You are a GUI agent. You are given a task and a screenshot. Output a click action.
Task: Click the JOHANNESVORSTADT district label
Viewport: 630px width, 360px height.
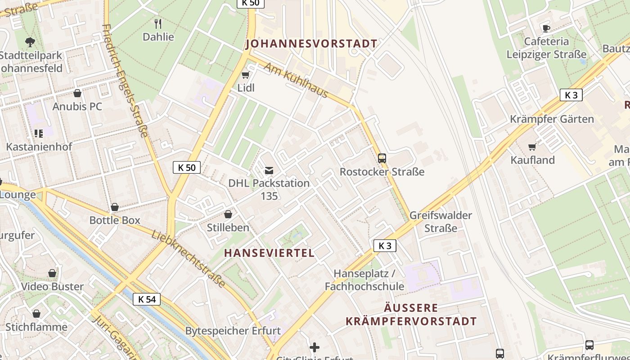[311, 44]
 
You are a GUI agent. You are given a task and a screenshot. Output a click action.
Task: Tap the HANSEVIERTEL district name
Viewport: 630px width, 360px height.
[269, 253]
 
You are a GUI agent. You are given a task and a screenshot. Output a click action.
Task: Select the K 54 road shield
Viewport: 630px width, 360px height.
[147, 299]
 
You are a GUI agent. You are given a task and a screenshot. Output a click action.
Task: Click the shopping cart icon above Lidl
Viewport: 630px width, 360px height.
[245, 75]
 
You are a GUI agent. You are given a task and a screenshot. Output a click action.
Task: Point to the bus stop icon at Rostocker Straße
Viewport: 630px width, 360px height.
[382, 158]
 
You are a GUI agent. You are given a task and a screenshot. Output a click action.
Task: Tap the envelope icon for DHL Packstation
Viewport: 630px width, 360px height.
[269, 170]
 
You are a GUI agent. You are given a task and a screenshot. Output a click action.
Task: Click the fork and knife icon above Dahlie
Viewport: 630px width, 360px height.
[158, 23]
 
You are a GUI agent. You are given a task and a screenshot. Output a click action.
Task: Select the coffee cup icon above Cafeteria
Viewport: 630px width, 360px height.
[546, 28]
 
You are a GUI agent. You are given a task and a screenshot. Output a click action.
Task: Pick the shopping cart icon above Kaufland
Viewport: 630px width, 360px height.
[532, 147]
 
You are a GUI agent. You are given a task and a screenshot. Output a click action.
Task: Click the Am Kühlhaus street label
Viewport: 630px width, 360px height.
[296, 80]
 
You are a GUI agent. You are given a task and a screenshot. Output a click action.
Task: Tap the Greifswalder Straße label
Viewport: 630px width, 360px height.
[441, 221]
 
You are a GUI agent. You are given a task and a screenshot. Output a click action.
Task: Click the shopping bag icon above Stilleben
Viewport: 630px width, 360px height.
[228, 214]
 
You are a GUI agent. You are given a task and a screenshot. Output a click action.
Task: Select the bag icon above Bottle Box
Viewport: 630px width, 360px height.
[115, 207]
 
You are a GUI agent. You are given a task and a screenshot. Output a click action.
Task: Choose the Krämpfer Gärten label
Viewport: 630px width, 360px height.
[552, 119]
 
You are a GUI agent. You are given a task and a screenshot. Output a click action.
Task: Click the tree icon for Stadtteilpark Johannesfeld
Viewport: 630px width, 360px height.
[30, 42]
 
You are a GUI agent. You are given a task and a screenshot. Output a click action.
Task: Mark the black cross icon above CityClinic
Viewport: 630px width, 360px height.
[315, 347]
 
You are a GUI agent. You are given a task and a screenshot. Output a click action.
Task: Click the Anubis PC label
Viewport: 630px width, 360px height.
[77, 107]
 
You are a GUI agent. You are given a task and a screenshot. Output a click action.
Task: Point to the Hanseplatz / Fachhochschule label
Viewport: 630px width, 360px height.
[364, 280]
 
